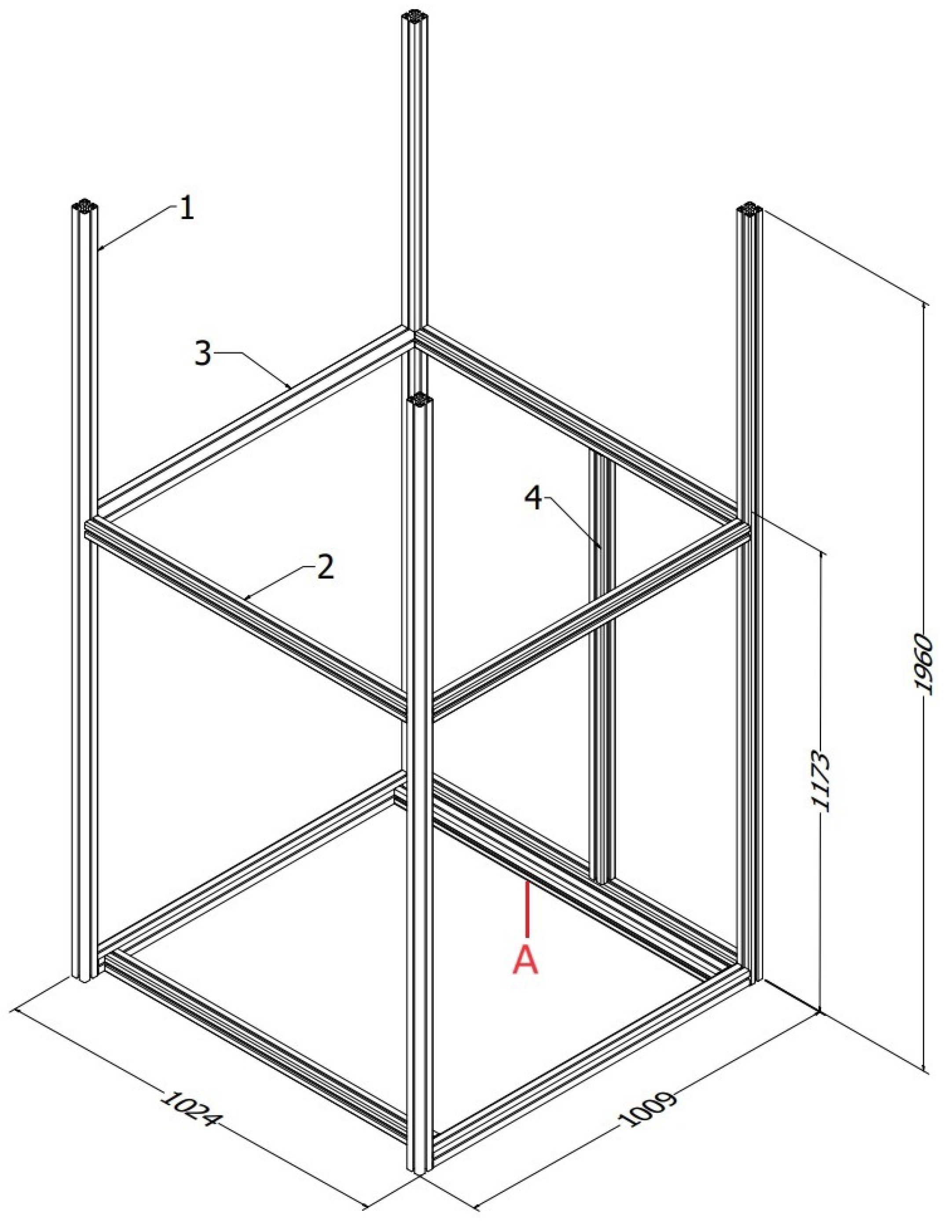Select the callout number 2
(x=326, y=567)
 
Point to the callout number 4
(x=534, y=498)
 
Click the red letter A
(x=526, y=961)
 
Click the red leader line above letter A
(x=527, y=909)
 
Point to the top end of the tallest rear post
(x=414, y=15)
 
